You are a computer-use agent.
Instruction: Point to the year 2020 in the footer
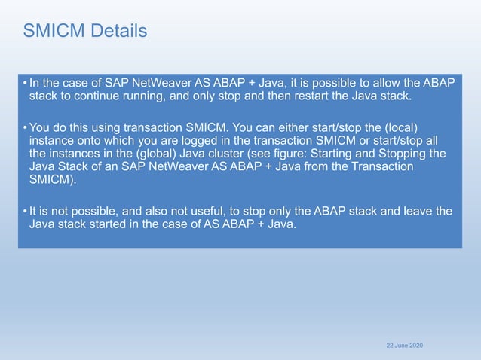click(x=415, y=344)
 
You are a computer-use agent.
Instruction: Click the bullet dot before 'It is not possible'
click(x=25, y=210)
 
